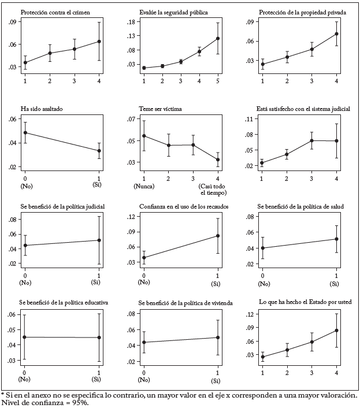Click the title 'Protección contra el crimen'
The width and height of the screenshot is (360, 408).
click(55, 12)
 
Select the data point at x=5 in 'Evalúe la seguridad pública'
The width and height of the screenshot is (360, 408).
click(218, 39)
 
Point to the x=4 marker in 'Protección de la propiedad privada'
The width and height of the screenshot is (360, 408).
click(337, 34)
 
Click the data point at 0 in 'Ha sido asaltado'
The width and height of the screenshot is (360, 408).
click(25, 132)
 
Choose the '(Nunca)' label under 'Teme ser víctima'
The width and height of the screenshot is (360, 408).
click(144, 186)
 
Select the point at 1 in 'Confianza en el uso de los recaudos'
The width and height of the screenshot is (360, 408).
click(218, 236)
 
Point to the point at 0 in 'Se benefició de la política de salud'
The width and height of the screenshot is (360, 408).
click(263, 248)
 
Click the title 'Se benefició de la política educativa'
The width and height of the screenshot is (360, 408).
click(64, 302)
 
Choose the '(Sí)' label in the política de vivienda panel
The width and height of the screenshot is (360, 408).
click(217, 381)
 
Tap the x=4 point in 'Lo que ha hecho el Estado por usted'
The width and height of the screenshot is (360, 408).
click(336, 331)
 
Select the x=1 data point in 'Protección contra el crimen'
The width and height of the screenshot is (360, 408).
click(25, 62)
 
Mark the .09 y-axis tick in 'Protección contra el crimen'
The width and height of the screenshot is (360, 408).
click(12, 22)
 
